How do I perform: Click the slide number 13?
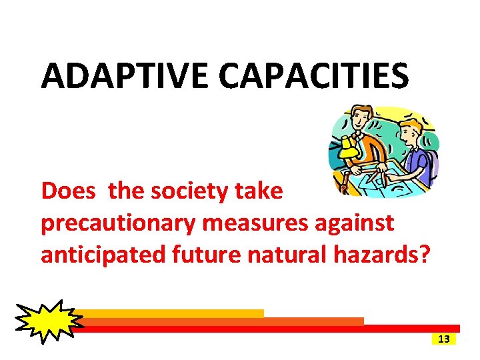click(x=445, y=339)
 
